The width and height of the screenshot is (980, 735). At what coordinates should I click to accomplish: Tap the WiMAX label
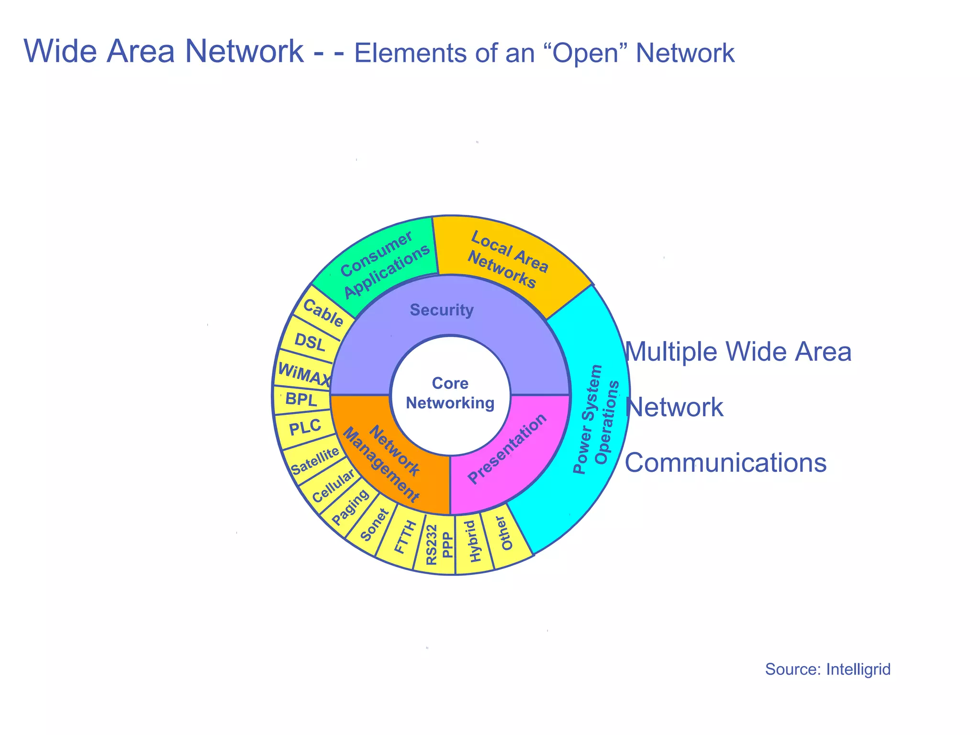click(303, 373)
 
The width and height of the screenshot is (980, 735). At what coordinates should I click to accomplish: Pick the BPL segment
click(301, 399)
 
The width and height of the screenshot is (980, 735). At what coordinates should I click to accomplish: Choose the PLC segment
click(305, 427)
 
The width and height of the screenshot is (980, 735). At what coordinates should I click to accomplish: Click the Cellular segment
click(333, 486)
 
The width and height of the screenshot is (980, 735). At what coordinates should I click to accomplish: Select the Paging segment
click(350, 508)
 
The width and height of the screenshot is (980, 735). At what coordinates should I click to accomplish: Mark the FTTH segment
click(404, 538)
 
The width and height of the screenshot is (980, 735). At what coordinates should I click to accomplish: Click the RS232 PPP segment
click(438, 545)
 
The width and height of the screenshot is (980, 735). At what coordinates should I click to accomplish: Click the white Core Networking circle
click(450, 394)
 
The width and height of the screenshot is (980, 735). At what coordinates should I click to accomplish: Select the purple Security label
click(441, 310)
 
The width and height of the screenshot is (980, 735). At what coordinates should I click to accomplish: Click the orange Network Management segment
click(388, 459)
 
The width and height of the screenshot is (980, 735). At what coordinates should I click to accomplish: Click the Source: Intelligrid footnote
click(827, 669)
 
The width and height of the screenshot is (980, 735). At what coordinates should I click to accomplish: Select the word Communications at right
click(725, 463)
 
